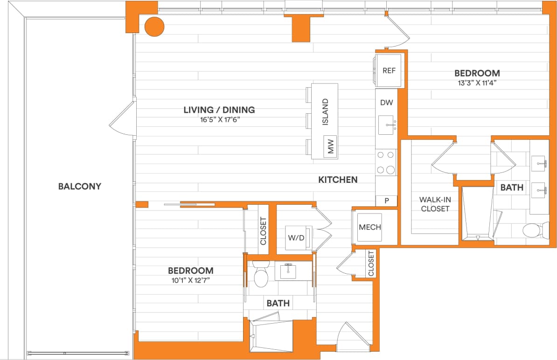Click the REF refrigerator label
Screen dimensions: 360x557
click(389, 71)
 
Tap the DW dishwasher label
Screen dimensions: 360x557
click(386, 102)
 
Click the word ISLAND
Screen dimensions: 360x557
click(326, 112)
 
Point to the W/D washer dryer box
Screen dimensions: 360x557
click(296, 238)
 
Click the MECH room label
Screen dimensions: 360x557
click(369, 228)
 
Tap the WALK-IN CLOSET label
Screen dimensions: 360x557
click(435, 204)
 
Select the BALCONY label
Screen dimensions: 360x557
click(80, 187)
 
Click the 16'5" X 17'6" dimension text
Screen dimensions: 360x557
click(219, 120)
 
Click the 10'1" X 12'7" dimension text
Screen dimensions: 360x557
click(191, 281)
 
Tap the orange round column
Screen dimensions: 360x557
click(154, 27)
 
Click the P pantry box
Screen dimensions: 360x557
click(387, 201)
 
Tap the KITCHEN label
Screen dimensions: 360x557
click(338, 180)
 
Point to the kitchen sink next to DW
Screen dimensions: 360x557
click(389, 125)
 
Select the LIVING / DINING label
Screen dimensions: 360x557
click(219, 110)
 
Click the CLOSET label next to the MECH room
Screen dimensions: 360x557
click(371, 263)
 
